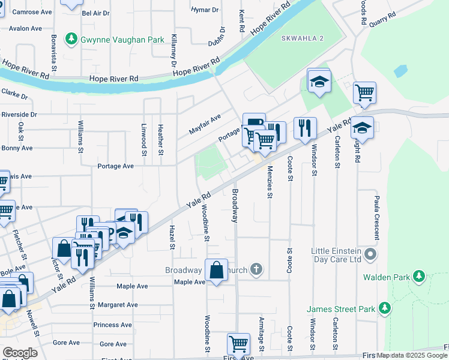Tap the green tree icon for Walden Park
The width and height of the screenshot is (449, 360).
(418, 277)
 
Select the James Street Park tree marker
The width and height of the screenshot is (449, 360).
(385, 309)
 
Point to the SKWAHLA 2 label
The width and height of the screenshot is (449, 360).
(302, 38)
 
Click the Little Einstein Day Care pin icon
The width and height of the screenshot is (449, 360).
(370, 255)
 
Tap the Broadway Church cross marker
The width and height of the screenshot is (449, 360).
(256, 269)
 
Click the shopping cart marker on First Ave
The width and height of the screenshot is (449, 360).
(238, 344)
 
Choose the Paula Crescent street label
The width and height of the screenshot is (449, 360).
(377, 217)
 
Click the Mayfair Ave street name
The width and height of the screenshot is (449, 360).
(205, 124)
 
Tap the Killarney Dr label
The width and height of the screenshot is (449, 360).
(174, 50)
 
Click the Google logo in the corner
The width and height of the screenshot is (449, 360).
(19, 352)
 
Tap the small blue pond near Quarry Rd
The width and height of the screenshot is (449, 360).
(400, 71)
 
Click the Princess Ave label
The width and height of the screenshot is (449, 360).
(112, 325)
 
